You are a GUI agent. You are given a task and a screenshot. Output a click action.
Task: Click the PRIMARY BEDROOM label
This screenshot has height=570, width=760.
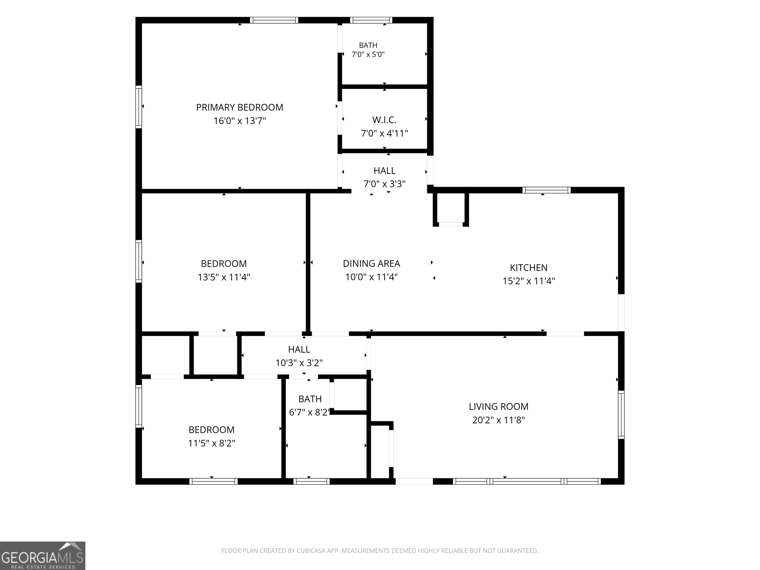point(239,108)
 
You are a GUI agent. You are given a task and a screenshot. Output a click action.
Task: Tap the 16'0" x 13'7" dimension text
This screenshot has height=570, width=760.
point(239,121)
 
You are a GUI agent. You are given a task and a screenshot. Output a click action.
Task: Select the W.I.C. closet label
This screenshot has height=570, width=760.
point(384,120)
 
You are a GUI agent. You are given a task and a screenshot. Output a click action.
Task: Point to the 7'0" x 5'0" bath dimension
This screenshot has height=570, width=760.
point(368,54)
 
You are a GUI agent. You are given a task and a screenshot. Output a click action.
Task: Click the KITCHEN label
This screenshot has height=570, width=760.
point(528,268)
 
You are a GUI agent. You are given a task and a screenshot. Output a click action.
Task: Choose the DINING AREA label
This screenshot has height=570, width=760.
point(371,263)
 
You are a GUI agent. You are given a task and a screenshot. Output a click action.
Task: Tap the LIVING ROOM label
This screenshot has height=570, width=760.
point(499,406)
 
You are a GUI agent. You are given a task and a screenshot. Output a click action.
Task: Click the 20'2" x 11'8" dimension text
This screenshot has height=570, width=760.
point(499,420)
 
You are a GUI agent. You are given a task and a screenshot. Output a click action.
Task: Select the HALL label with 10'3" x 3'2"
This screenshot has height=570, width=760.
point(299,349)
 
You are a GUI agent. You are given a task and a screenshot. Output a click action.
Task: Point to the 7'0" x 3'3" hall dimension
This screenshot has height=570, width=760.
point(384,184)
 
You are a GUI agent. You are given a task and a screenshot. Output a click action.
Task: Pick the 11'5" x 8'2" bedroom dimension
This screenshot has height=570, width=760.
point(211,443)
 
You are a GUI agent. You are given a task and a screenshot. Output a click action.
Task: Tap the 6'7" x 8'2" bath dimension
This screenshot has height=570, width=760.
point(309,412)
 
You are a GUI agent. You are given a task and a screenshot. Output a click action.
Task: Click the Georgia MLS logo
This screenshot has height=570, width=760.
point(43,556)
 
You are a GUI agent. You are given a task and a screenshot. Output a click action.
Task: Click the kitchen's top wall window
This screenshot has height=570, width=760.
point(546,190)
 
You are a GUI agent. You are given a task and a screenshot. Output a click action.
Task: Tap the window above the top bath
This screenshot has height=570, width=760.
point(371,20)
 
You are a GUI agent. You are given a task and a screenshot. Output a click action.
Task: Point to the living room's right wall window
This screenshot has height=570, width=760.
point(621,414)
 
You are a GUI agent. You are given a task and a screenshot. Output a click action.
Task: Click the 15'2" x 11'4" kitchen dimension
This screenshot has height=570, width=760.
point(528,281)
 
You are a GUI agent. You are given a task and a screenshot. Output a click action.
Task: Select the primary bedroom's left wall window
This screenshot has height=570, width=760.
point(139,107)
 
